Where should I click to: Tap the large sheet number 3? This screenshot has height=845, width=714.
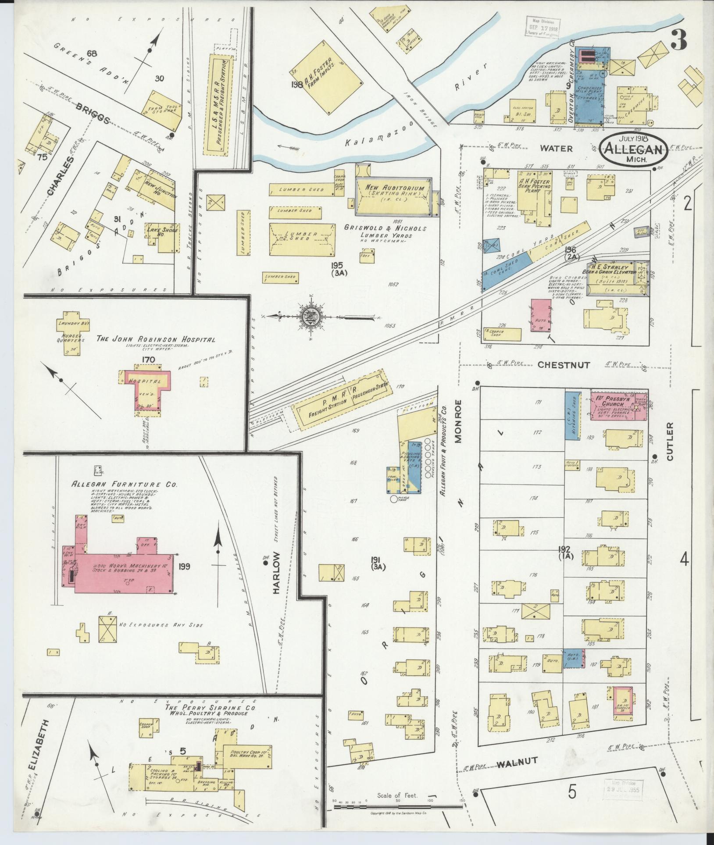[x=678, y=42]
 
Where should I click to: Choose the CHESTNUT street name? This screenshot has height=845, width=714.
[x=564, y=364]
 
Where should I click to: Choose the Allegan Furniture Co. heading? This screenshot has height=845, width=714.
[x=125, y=484]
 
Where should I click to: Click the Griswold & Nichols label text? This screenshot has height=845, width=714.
[x=385, y=228]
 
